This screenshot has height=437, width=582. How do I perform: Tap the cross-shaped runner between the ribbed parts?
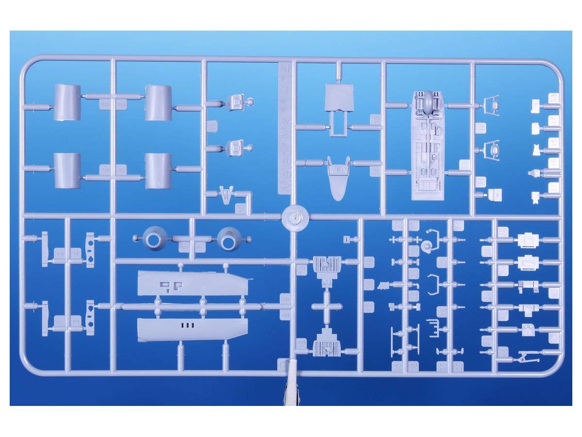[x=326, y=306]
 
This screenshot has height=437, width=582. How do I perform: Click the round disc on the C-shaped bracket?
[x=428, y=245]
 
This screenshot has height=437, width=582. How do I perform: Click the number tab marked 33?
[x=553, y=98]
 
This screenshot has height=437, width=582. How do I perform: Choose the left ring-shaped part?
[x=154, y=239]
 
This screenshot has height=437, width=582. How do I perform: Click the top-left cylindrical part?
[x=67, y=102]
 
